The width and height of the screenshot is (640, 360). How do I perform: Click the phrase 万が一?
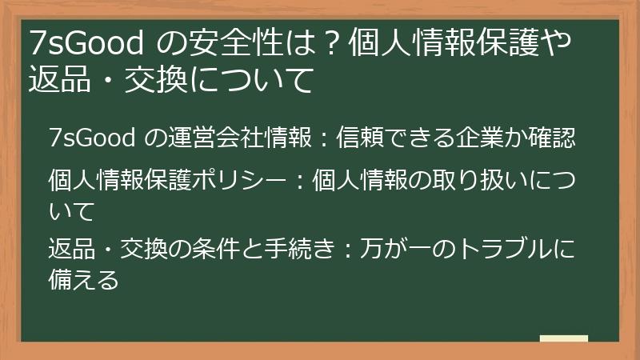tap(391, 249)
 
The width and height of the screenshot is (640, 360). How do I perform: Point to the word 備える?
tap(83, 281)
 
